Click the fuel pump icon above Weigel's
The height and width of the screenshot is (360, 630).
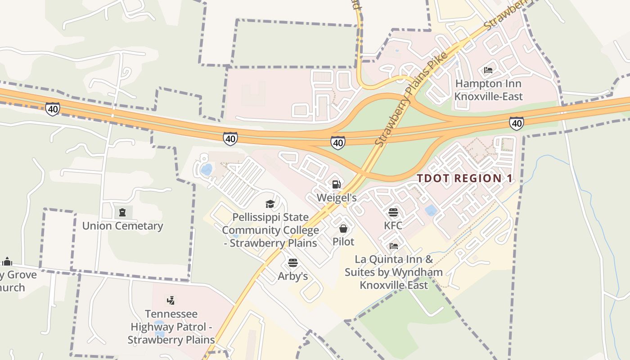pyautogui.click(x=336, y=184)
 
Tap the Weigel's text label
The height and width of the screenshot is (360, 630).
pyautogui.click(x=337, y=198)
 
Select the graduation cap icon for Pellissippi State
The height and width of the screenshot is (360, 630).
pyautogui.click(x=270, y=204)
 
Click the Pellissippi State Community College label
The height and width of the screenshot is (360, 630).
pyautogui.click(x=270, y=230)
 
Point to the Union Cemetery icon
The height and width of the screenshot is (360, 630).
pyautogui.click(x=122, y=212)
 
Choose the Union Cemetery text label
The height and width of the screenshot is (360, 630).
pyautogui.click(x=122, y=226)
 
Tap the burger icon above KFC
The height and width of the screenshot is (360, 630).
pyautogui.click(x=393, y=212)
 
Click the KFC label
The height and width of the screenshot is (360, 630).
pyautogui.click(x=393, y=225)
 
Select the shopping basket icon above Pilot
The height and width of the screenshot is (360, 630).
pyautogui.click(x=343, y=229)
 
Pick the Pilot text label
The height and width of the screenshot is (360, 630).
pyautogui.click(x=343, y=242)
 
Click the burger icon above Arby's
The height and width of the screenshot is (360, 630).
pyautogui.click(x=293, y=263)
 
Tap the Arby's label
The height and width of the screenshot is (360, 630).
pyautogui.click(x=293, y=276)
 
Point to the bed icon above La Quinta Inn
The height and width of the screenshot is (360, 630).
pyautogui.click(x=394, y=246)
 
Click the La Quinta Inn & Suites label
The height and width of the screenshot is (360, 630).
pyautogui.click(x=394, y=272)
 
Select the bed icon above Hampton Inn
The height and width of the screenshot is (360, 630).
pyautogui.click(x=488, y=70)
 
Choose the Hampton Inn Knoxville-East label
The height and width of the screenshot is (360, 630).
pyautogui.click(x=488, y=90)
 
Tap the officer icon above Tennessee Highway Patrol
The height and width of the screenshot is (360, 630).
pyautogui.click(x=171, y=300)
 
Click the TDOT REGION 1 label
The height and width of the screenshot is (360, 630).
pyautogui.click(x=464, y=178)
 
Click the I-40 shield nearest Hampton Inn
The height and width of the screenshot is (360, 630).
pyautogui.click(x=517, y=123)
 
